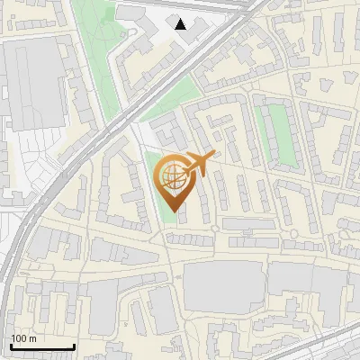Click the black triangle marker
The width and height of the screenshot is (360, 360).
coord(181,24)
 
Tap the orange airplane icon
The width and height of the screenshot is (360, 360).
coord(197,164)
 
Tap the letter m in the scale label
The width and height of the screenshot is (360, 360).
coord(33,338)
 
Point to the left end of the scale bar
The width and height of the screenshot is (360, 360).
coord(10,347)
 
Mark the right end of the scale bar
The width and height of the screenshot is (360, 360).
coord(75,347)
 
